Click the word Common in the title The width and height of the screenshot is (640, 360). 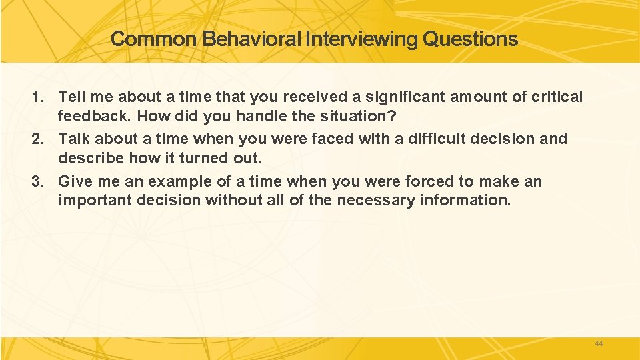click(154, 39)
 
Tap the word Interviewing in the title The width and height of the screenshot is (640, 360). click(362, 39)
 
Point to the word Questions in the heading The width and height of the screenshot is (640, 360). click(470, 39)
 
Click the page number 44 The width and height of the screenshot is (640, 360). click(598, 343)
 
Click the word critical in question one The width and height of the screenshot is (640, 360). click(557, 97)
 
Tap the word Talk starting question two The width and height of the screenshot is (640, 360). click(74, 139)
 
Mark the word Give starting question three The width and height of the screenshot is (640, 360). click(75, 182)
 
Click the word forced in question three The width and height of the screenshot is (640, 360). click(427, 182)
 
